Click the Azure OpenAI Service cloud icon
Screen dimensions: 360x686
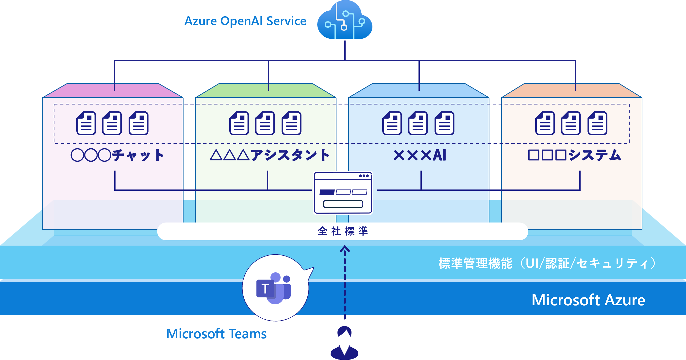coord(345,21)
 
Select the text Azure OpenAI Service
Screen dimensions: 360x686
coord(245,21)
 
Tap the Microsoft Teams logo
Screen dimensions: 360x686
coord(274,288)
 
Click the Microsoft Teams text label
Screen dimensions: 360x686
coord(216,334)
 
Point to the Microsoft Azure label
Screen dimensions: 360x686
coord(588,300)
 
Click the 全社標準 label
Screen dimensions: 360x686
coord(343,231)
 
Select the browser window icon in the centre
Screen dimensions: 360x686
coord(343,192)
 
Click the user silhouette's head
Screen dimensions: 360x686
coord(344,332)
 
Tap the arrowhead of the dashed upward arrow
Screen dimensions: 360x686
coord(345,249)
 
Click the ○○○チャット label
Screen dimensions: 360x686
coord(117,155)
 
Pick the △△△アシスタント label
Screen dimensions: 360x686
coord(269,155)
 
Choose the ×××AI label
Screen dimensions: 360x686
coord(420,155)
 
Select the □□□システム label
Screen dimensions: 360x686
coord(574,155)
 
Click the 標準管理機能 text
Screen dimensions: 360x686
coord(475,263)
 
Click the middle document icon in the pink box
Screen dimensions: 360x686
coord(112,123)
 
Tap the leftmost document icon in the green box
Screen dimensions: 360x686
coord(239,123)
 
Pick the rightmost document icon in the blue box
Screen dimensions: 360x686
coord(444,123)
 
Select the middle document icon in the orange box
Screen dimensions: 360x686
coord(571,123)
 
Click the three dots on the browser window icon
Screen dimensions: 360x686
coord(364,176)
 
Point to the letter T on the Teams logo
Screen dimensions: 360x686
coord(265,289)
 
